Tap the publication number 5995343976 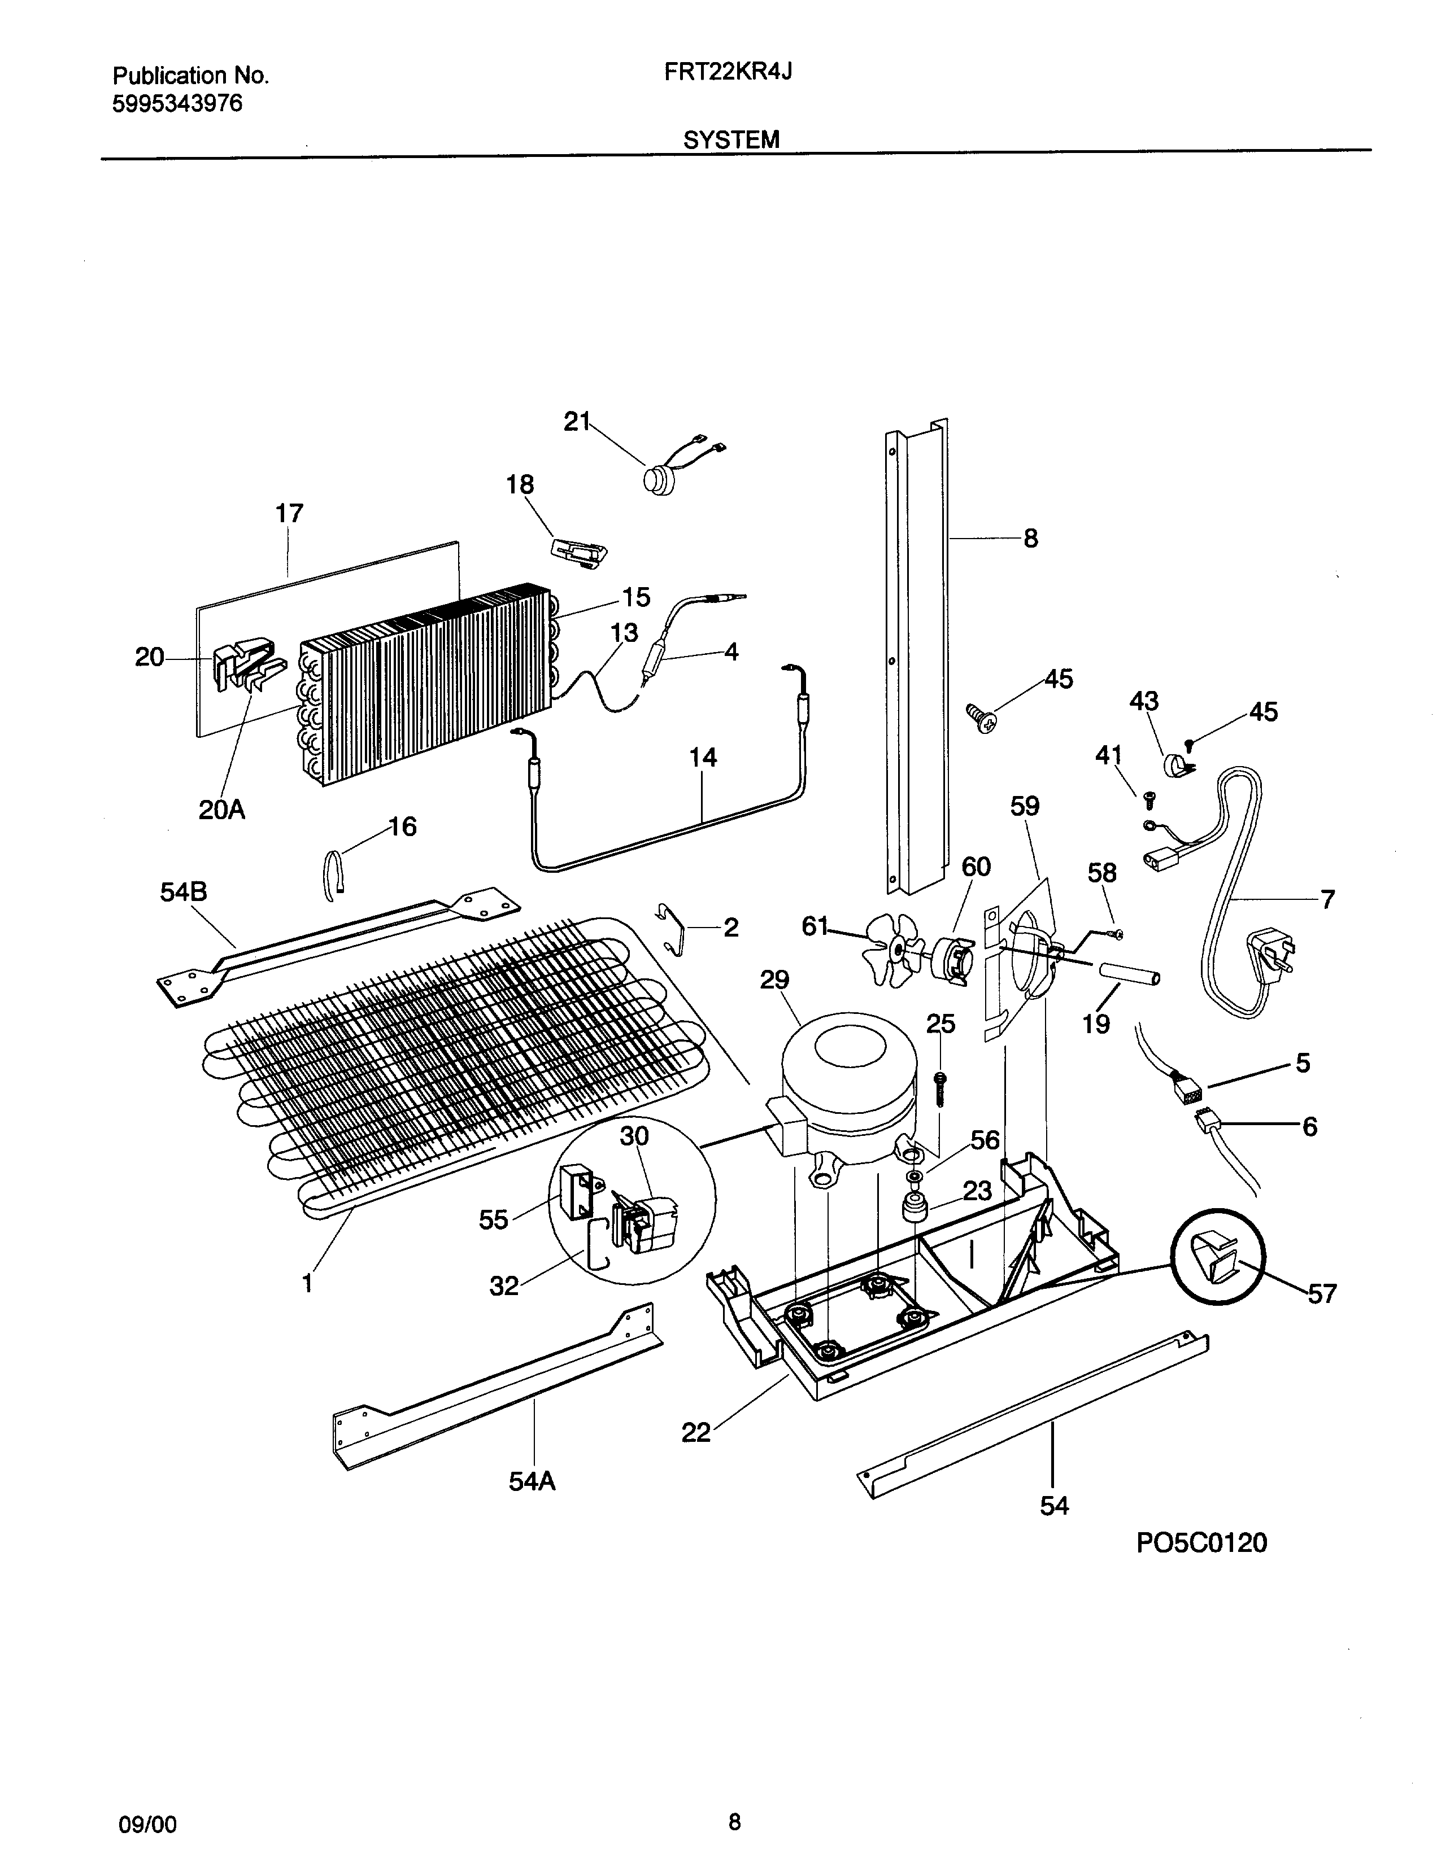177,104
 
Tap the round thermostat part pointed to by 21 658,479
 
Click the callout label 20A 222,810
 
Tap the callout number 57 1321,1294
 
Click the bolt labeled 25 939,1088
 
